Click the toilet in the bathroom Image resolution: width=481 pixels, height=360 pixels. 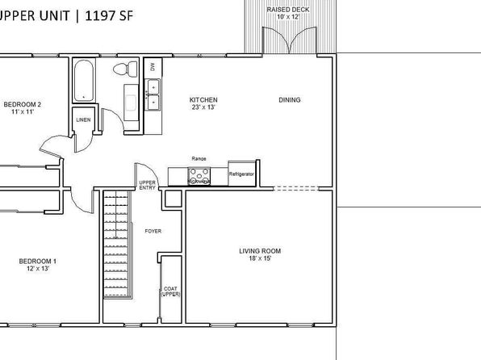(125, 69)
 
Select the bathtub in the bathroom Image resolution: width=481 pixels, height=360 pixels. (84, 80)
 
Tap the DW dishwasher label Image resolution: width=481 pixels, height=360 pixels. (153, 66)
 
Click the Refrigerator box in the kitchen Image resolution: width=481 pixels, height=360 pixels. (242, 174)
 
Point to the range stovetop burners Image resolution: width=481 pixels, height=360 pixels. (199, 176)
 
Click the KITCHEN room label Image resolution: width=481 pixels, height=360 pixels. (203, 100)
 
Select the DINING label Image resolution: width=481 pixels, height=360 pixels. (289, 100)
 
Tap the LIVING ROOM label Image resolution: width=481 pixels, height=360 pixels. (260, 251)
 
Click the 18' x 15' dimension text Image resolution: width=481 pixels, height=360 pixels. (260, 258)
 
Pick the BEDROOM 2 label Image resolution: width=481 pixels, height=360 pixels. (22, 104)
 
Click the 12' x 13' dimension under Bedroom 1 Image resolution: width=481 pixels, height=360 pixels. (38, 269)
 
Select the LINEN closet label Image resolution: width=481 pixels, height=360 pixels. (83, 119)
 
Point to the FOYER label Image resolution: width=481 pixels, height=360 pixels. (153, 231)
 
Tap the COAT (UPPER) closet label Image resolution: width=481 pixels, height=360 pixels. (170, 291)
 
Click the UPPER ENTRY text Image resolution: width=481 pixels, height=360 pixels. (147, 185)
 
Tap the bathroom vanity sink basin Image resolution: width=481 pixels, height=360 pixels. (131, 103)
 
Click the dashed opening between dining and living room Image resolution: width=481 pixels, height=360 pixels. (295, 188)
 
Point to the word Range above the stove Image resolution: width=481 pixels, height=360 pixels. (199, 159)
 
